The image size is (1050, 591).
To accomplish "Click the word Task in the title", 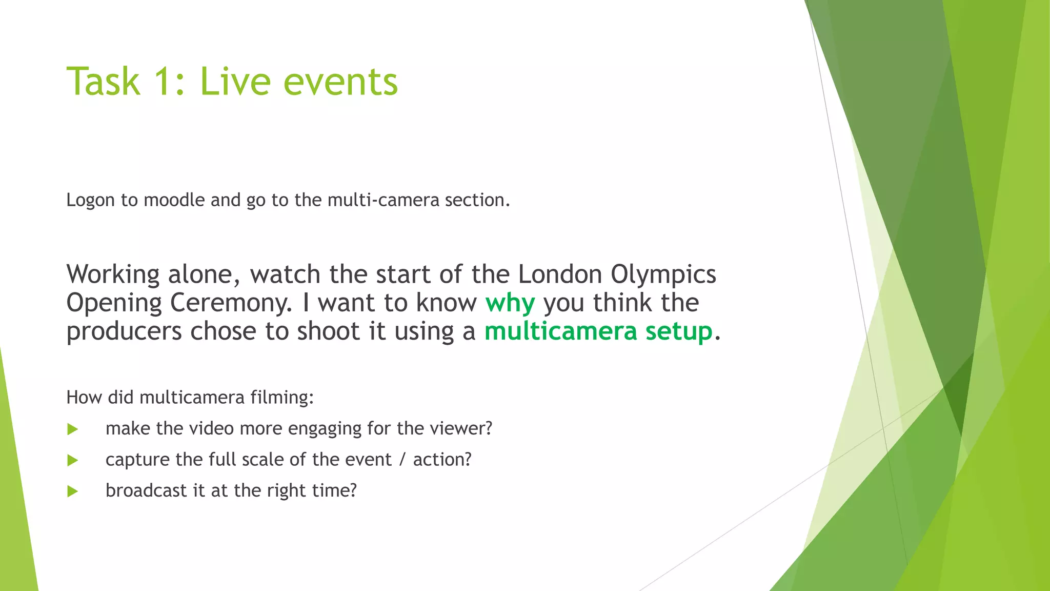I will pos(103,82).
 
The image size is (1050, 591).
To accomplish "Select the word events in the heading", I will pos(340,82).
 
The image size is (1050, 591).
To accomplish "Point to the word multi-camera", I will pos(383,200).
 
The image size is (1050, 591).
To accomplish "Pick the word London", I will pos(560,274).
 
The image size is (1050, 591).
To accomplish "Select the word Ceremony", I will pos(231,303).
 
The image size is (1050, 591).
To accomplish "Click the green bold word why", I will pos(510,303).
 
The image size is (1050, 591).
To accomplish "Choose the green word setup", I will pos(679,331).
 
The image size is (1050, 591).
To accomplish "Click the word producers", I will pos(124,332).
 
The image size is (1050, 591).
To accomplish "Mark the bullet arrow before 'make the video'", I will pos(72,429).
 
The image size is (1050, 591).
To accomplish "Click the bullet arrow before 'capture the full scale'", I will pos(72,460).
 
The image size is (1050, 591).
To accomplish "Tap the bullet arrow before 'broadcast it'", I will pos(72,491).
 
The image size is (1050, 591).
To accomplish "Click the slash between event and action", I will pos(402,460).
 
